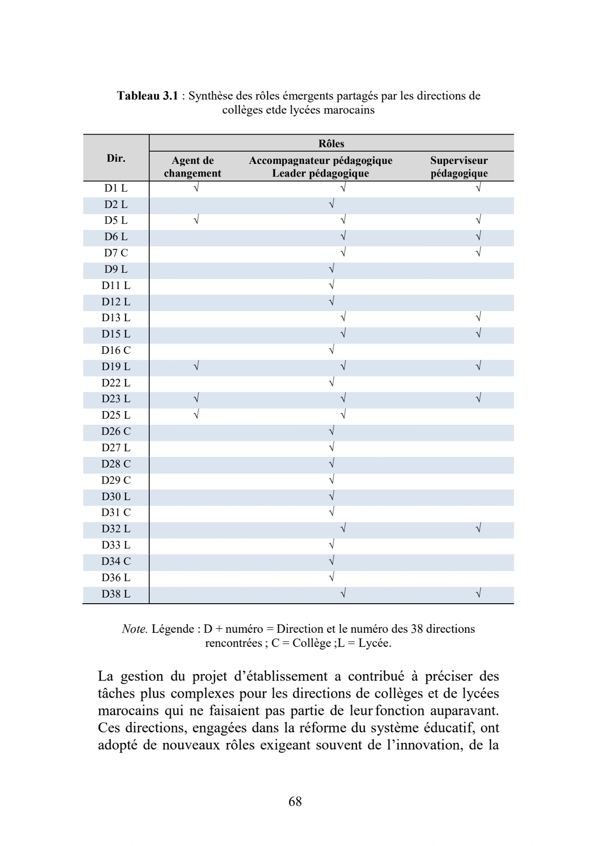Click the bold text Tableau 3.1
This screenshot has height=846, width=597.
[x=148, y=96]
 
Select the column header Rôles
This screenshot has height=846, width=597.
[x=331, y=144]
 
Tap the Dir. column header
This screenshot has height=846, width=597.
[x=116, y=158]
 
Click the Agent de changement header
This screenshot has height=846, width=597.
[x=192, y=167]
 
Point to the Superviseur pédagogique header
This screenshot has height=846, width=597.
[x=459, y=167]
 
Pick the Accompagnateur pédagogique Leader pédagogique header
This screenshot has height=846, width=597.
[x=320, y=167]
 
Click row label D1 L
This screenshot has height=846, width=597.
[x=116, y=189]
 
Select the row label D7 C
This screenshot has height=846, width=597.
[x=116, y=253]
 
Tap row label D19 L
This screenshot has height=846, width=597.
[x=116, y=366]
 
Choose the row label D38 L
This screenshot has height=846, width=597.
[x=116, y=594]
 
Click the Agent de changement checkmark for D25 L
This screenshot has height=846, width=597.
[x=196, y=415]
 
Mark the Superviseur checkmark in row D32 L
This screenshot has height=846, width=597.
[x=479, y=529]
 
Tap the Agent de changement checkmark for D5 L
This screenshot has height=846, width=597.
[x=196, y=220]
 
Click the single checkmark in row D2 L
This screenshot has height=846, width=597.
[x=331, y=205]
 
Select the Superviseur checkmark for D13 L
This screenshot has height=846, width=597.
[x=479, y=318]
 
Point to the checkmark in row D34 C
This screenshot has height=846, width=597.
[x=331, y=561]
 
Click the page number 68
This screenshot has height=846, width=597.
[x=295, y=802]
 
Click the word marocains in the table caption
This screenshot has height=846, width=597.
[x=349, y=110]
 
